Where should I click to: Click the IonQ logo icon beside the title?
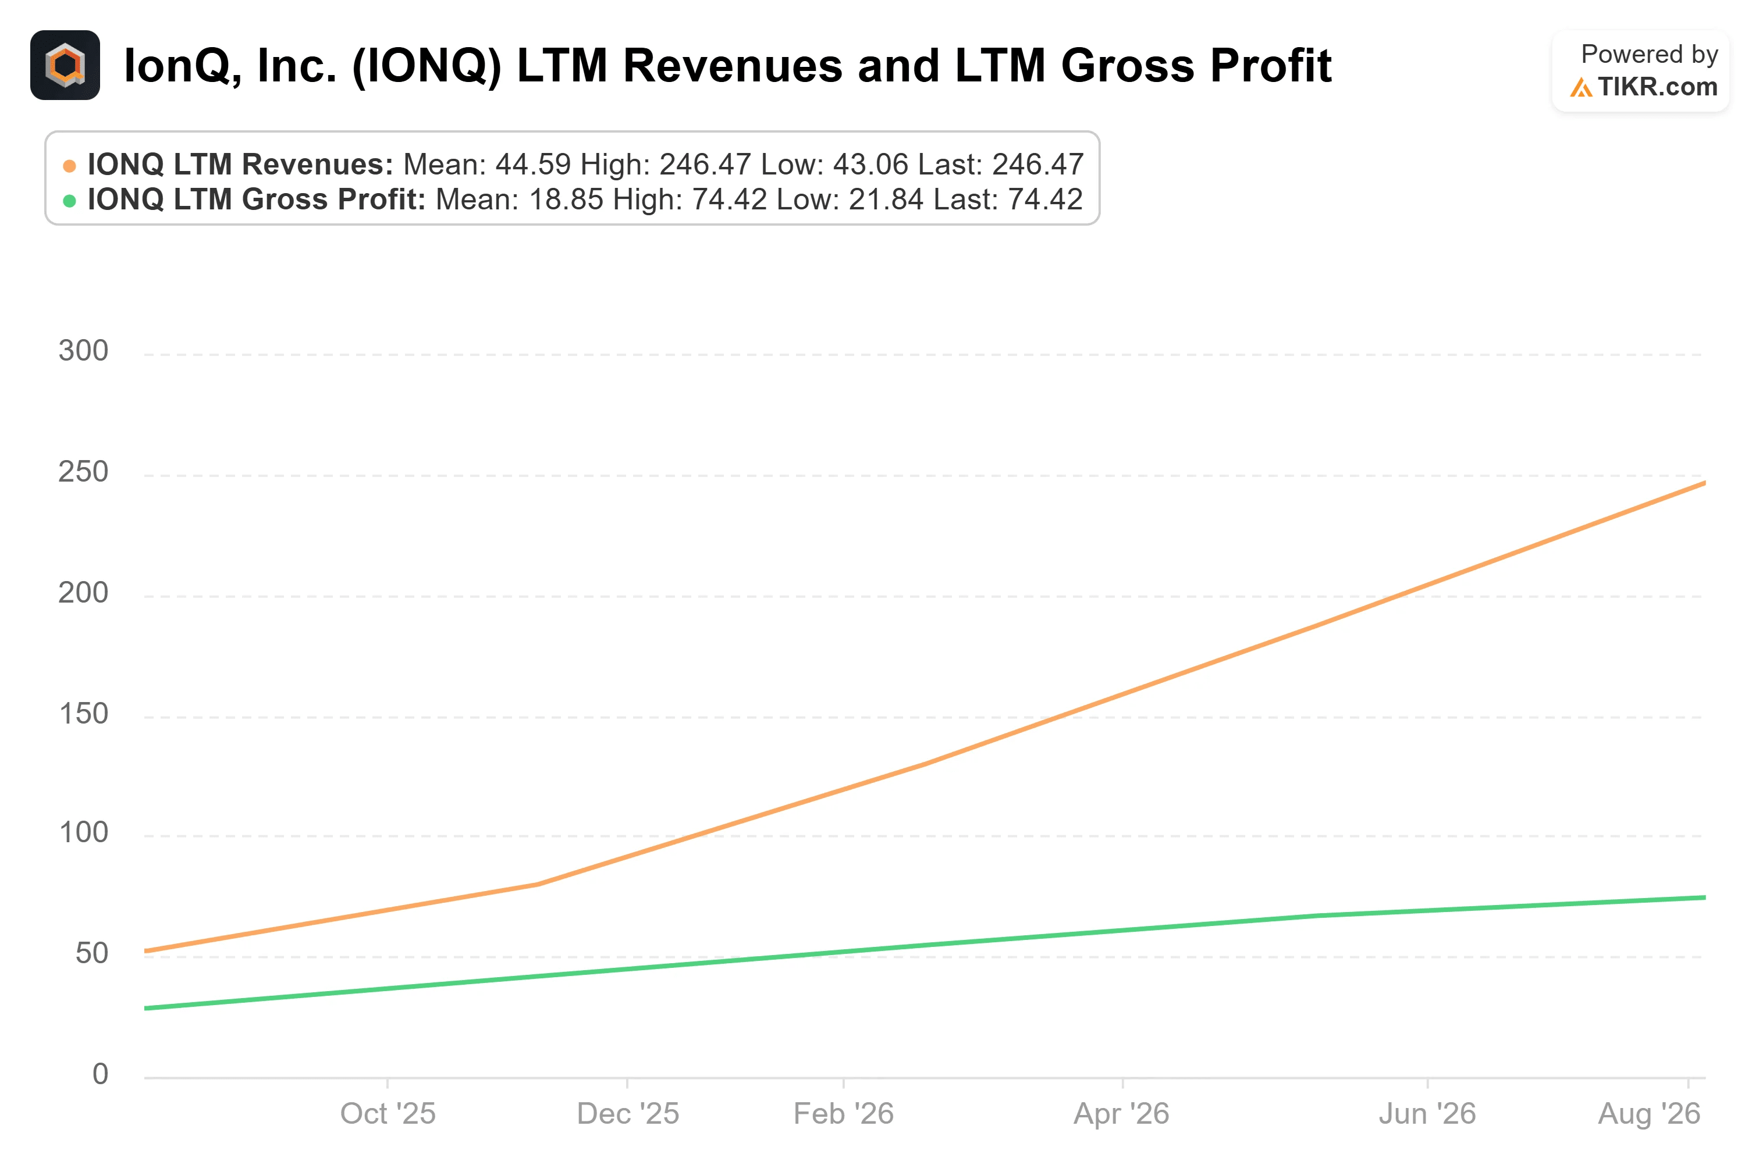[x=65, y=65]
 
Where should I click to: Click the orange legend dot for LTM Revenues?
[x=69, y=165]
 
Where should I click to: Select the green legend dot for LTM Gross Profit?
[x=69, y=200]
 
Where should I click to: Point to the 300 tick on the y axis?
[x=83, y=351]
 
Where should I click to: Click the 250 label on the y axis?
[x=83, y=472]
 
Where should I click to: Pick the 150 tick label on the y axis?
[x=83, y=714]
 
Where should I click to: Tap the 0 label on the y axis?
[x=100, y=1074]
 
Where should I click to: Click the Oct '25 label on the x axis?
[x=387, y=1114]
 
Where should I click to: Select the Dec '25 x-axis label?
[x=627, y=1114]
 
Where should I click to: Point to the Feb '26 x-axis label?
[x=843, y=1114]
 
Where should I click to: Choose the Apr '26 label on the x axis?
[x=1121, y=1114]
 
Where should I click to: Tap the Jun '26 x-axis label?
[x=1427, y=1114]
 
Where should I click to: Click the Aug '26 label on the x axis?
[x=1649, y=1114]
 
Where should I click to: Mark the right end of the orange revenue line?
[x=1704, y=483]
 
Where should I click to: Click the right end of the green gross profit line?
[x=1704, y=897]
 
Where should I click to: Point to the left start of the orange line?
[x=146, y=952]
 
